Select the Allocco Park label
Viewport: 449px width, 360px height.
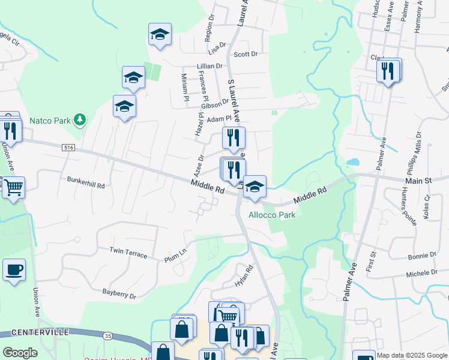[272, 214]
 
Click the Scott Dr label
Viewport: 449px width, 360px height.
[246, 54]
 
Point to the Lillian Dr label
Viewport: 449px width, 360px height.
[209, 67]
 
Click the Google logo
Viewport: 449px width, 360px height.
[20, 353]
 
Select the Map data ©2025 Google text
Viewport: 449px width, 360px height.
[411, 355]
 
